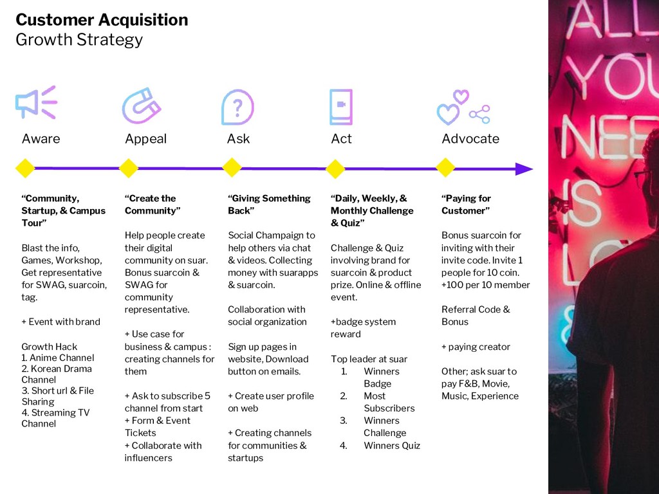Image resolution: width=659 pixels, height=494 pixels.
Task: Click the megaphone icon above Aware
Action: click(36, 103)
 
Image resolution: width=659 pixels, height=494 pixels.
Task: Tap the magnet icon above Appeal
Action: click(142, 105)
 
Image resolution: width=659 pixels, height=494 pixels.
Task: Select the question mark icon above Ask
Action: click(237, 107)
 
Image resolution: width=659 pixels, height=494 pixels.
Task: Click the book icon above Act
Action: click(340, 107)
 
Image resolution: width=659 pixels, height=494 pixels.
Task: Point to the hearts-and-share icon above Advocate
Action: click(463, 107)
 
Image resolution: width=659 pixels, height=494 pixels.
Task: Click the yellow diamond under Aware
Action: click(24, 169)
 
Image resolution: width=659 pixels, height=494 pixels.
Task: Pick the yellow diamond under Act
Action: click(335, 169)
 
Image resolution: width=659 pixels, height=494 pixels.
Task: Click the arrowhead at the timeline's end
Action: click(524, 169)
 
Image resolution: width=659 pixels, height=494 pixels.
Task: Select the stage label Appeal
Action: click(145, 139)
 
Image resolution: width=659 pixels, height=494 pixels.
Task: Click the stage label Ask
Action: click(238, 139)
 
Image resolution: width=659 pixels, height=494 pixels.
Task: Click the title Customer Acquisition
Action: click(102, 20)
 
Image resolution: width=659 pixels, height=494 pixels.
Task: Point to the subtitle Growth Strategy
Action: click(79, 40)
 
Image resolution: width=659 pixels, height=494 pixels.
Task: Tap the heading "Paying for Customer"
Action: click(466, 205)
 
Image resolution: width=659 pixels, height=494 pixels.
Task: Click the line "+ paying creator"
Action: click(476, 347)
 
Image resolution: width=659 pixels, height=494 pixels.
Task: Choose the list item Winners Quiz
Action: click(391, 445)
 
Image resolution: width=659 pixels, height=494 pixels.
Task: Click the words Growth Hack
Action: click(50, 347)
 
